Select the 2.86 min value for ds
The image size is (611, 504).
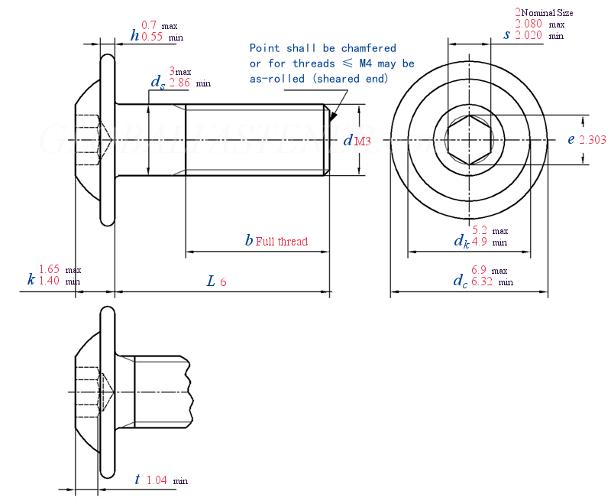[x=179, y=82]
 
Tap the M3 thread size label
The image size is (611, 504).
[x=363, y=141]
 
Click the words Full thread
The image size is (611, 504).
[x=282, y=242]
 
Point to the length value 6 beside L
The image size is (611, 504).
[x=223, y=282]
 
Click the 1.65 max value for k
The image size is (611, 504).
[x=49, y=269]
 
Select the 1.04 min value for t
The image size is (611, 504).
[x=156, y=480]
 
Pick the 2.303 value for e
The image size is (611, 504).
[x=593, y=139]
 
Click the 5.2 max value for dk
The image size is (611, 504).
[x=480, y=230]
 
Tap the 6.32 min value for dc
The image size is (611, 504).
[x=483, y=281]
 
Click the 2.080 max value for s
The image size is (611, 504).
[x=529, y=24]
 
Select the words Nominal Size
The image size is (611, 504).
[x=547, y=13]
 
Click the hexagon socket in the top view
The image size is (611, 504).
[x=469, y=140]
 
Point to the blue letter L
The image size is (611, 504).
[x=211, y=281]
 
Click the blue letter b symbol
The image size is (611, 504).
[x=248, y=241]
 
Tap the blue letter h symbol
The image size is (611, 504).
[x=135, y=34]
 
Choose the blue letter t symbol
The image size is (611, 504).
[x=137, y=480]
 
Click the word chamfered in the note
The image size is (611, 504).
[x=370, y=48]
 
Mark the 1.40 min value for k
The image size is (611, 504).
[x=49, y=281]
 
